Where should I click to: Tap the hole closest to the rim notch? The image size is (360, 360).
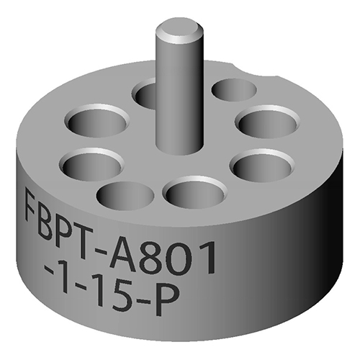[x=234, y=91]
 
